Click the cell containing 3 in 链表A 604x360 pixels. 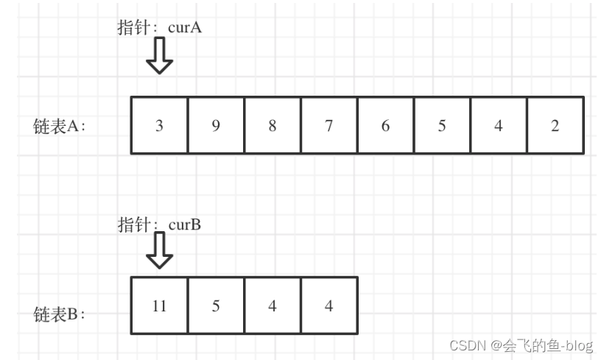tap(159, 125)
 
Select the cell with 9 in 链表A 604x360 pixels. tap(216, 125)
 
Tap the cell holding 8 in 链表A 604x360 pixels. tap(273, 125)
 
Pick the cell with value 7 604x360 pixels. tap(329, 125)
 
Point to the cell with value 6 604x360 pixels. tap(385, 125)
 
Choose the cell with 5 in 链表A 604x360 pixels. tap(442, 125)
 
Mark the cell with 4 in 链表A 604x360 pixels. tap(499, 125)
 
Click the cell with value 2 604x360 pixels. tap(555, 125)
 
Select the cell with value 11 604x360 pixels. tap(159, 306)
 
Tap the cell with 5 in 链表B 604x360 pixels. tap(216, 306)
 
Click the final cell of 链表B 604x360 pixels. tap(329, 306)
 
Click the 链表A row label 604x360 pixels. tap(60, 126)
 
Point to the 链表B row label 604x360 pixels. tap(60, 314)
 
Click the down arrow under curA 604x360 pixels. tap(159, 57)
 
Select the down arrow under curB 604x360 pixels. tap(159, 251)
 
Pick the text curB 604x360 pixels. tap(185, 224)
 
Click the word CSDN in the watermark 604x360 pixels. tap(464, 344)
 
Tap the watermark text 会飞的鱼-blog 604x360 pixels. tap(548, 344)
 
